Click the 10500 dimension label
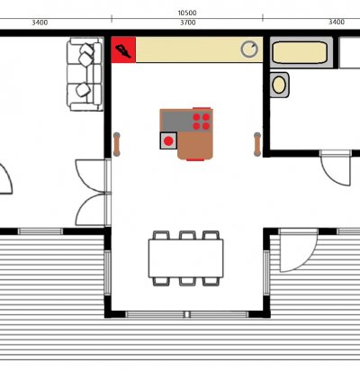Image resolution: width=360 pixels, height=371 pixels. pyautogui.click(x=187, y=13)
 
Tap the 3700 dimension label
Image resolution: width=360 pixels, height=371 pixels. pyautogui.click(x=188, y=23)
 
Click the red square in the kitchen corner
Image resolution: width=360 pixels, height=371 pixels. pyautogui.click(x=123, y=50)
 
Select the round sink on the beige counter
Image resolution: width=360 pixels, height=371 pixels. pyautogui.click(x=249, y=50)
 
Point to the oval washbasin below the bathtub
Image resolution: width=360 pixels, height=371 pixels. pyautogui.click(x=279, y=85)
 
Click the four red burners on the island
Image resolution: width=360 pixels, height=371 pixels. pyautogui.click(x=202, y=122)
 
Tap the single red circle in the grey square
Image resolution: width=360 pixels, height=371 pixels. pyautogui.click(x=168, y=140)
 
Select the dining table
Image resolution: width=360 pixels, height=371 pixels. pyautogui.click(x=185, y=258)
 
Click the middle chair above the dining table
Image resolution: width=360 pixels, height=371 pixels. pyautogui.click(x=187, y=235)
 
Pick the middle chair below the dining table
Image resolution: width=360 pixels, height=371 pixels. pyautogui.click(x=187, y=281)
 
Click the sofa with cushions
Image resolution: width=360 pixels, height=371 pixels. pyautogui.click(x=85, y=74)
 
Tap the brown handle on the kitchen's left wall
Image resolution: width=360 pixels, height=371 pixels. pyautogui.click(x=117, y=144)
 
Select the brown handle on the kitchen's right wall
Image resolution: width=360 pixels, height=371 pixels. pyautogui.click(x=257, y=144)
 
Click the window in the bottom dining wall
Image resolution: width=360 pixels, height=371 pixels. pyautogui.click(x=187, y=314)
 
